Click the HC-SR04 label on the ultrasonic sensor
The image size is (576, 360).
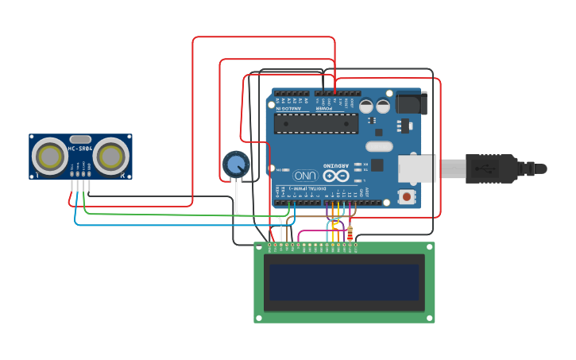[79, 149]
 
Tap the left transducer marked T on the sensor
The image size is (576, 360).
[49, 157]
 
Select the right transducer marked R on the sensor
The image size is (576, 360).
[110, 157]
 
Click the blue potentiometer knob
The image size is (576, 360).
[236, 165]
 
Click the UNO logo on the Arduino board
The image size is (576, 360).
[305, 175]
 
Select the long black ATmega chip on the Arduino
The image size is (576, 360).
[316, 123]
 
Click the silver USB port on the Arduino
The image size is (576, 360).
[417, 168]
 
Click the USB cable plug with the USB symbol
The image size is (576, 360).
[485, 168]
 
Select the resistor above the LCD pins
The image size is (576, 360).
[350, 233]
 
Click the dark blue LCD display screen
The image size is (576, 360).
[343, 282]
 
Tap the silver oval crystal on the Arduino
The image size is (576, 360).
[379, 146]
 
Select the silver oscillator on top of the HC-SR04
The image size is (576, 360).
[80, 139]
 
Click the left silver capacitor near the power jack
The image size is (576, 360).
[365, 106]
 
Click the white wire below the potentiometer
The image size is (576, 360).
[237, 199]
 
